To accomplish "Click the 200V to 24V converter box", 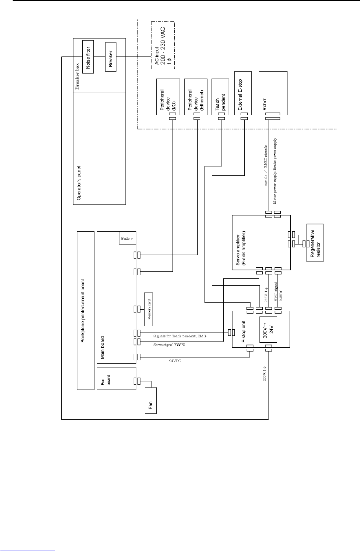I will point(270,329).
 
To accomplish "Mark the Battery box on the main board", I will point(127,238).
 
